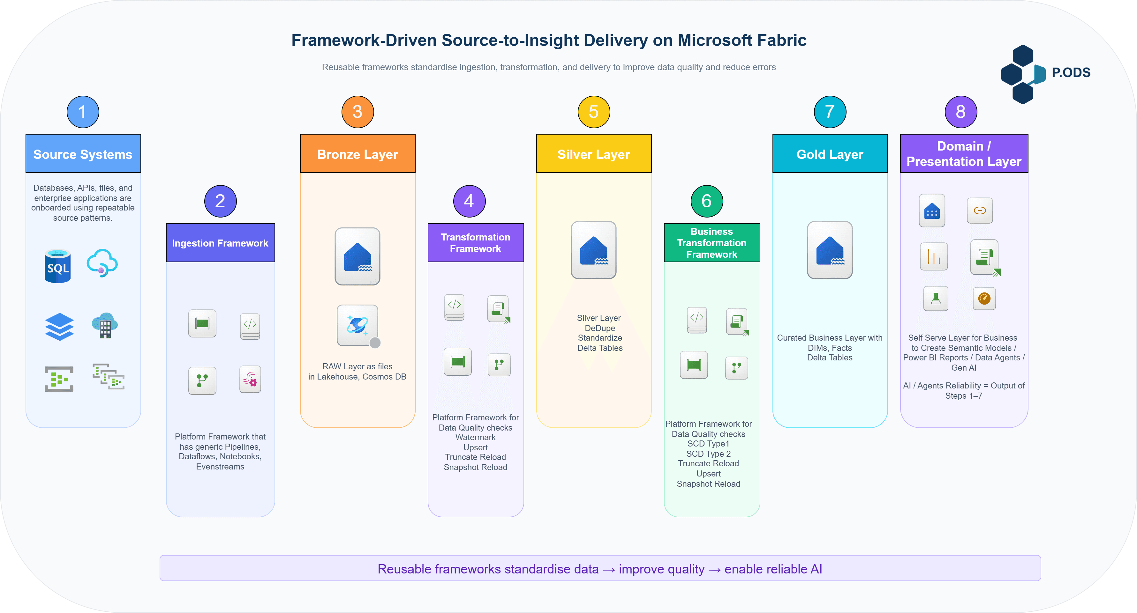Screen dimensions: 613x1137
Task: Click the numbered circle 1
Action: point(83,112)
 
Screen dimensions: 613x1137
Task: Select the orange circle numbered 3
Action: point(358,112)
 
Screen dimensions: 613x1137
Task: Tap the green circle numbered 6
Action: point(707,201)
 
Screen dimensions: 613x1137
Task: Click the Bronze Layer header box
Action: point(358,154)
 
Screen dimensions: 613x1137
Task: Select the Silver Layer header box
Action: point(594,154)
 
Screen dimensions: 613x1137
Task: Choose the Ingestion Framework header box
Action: point(220,243)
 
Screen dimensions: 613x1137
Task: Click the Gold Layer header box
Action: point(830,154)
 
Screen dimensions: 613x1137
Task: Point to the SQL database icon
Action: point(58,266)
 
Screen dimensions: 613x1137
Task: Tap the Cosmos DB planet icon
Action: point(357,325)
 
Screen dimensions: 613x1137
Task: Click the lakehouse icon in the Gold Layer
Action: point(830,250)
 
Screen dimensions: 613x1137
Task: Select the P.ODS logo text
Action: point(1071,72)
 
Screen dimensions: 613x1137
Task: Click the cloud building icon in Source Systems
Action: point(105,325)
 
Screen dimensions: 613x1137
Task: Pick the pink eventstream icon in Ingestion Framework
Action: point(250,379)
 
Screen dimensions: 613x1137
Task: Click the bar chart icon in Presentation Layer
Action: point(934,256)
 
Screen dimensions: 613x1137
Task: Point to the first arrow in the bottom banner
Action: point(609,570)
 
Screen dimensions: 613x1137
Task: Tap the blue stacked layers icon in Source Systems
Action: point(59,327)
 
